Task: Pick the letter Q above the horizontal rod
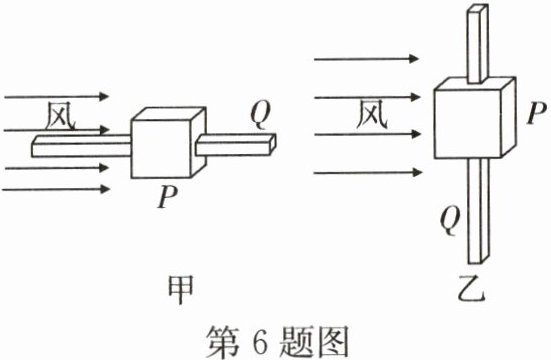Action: (x=259, y=118)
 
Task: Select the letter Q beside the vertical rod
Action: (x=451, y=213)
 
